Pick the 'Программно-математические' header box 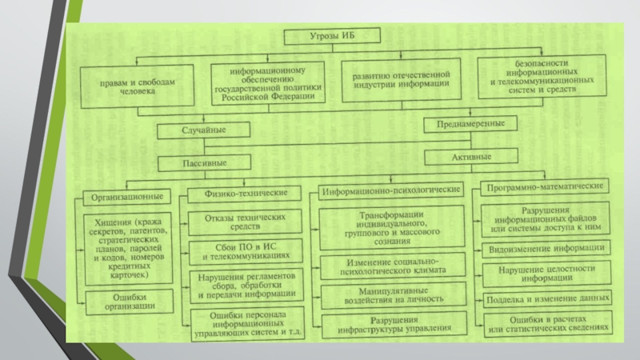point(543,186)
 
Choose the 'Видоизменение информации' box point(548,248)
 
